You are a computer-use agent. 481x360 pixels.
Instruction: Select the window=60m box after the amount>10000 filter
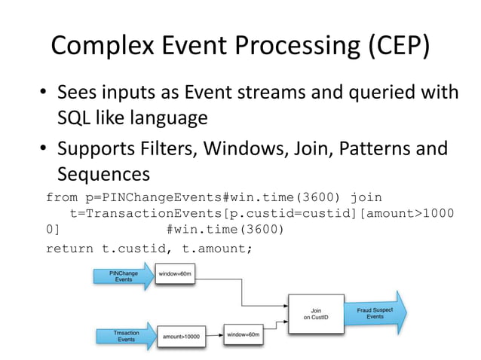(x=244, y=333)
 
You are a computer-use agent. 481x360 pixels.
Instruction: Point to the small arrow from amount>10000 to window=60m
(x=216, y=335)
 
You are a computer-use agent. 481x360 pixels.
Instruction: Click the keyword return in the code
(x=69, y=248)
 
